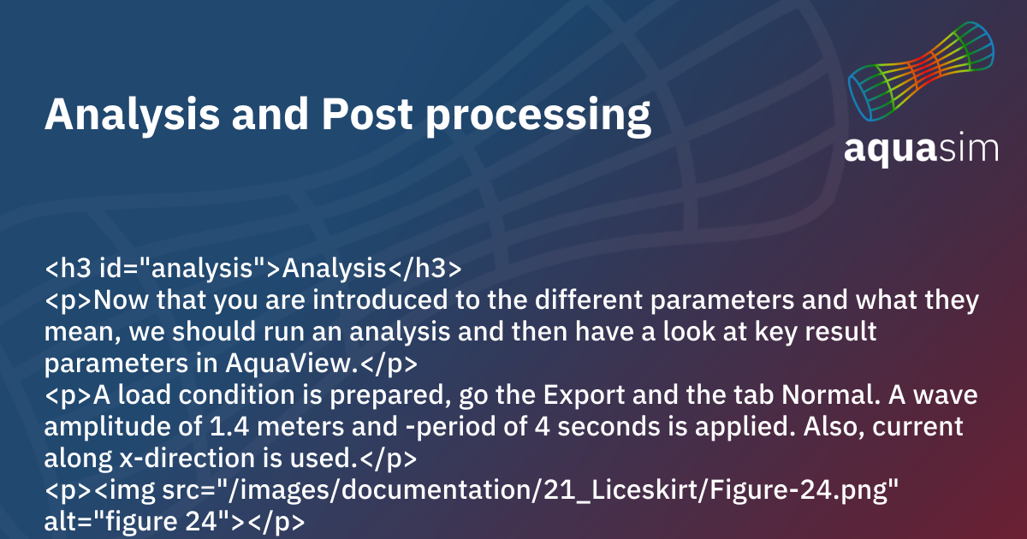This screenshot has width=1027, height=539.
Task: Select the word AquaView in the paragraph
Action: click(x=291, y=364)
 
